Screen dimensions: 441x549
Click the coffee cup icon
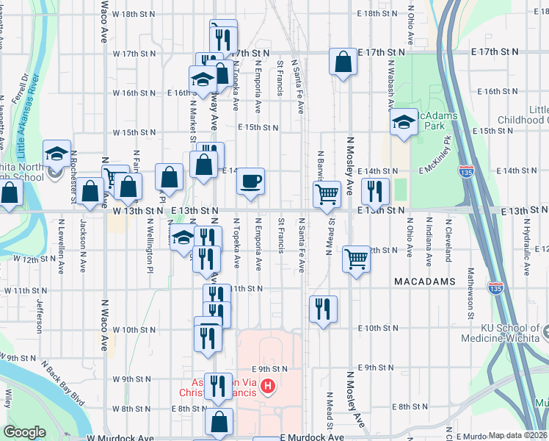click(x=250, y=181)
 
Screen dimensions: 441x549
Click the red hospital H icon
click(x=269, y=385)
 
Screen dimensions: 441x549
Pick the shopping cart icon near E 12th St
click(x=356, y=258)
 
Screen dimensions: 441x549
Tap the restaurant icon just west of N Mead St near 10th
click(x=323, y=309)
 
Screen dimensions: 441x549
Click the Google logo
click(x=24, y=432)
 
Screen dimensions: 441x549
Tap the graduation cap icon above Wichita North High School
click(x=57, y=153)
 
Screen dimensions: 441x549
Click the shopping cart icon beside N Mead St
click(x=327, y=194)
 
